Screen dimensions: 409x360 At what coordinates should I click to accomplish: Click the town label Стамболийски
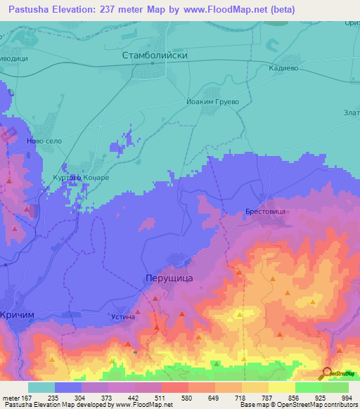pos(155,54)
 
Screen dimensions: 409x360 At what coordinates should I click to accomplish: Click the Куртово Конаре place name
pos(82,178)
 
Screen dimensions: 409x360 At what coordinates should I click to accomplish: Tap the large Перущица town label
pos(169,278)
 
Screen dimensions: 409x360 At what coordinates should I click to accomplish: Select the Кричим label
pos(18,316)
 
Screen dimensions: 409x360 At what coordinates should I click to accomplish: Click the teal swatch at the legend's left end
pos(41,387)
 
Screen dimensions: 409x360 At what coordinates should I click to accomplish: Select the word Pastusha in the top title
pos(30,9)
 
